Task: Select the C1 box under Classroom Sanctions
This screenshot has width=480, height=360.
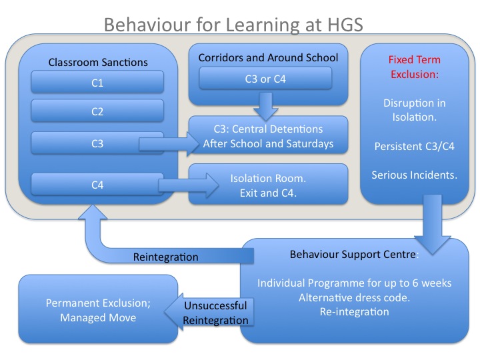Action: [97, 83]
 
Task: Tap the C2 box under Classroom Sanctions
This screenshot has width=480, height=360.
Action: [97, 111]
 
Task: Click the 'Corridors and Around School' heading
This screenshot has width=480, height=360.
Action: [268, 57]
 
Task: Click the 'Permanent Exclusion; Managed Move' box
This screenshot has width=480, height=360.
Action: [98, 310]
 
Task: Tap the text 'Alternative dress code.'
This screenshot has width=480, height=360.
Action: [354, 297]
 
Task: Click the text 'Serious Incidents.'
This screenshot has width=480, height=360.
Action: [415, 176]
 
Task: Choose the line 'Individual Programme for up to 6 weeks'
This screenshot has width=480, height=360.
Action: [354, 283]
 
